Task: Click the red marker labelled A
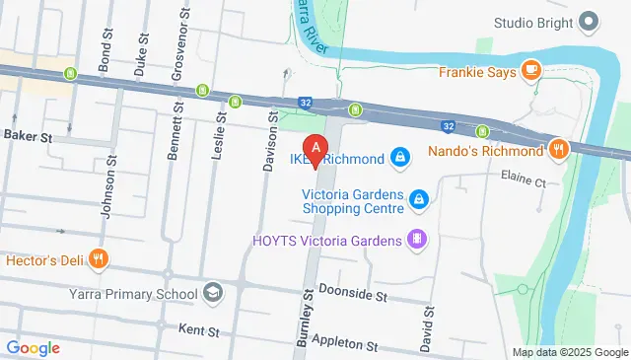[315, 145]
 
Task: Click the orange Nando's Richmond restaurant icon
[559, 151]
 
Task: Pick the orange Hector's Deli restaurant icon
[98, 260]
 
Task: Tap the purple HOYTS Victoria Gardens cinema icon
[418, 239]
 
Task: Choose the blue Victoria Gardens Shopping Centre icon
[419, 200]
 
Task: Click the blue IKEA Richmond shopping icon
[399, 156]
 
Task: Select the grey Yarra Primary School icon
[213, 292]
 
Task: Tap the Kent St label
[196, 327]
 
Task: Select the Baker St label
[27, 134]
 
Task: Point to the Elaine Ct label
[524, 182]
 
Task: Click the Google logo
[33, 347]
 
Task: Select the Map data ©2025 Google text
[569, 352]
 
